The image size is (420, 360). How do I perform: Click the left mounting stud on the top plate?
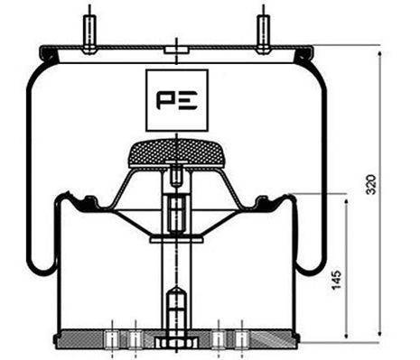pos(89,29)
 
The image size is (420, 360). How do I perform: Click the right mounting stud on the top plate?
pos(263,29)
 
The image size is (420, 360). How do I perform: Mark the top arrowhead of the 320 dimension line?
pos(379,53)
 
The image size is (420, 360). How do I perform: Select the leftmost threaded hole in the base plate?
pos(110,338)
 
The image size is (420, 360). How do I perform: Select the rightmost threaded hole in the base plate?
pos(241,338)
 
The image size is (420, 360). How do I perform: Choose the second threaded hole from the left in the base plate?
pos(134,338)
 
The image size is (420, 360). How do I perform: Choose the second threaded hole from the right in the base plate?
pos(219,338)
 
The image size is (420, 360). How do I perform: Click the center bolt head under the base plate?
pos(175,344)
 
